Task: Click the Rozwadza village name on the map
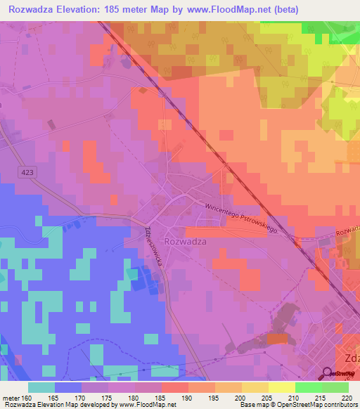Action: pyautogui.click(x=184, y=240)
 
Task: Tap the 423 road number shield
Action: pyautogui.click(x=27, y=172)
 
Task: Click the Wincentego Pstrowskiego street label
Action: pyautogui.click(x=242, y=219)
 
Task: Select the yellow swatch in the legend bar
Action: pyautogui.click(x=282, y=387)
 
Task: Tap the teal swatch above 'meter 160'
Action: pyautogui.click(x=41, y=387)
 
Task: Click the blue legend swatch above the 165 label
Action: pyautogui.click(x=68, y=387)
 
